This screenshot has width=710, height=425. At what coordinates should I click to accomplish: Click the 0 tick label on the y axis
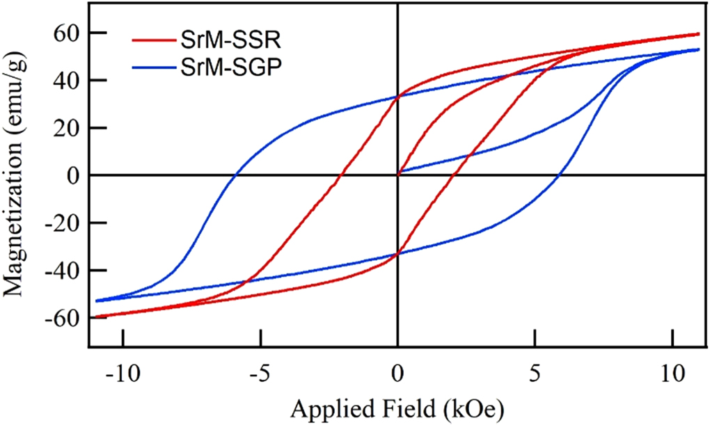(x=72, y=175)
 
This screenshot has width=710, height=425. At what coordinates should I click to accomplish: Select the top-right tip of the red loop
(x=698, y=33)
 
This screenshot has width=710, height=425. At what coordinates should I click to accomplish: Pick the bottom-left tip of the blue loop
(x=97, y=300)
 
